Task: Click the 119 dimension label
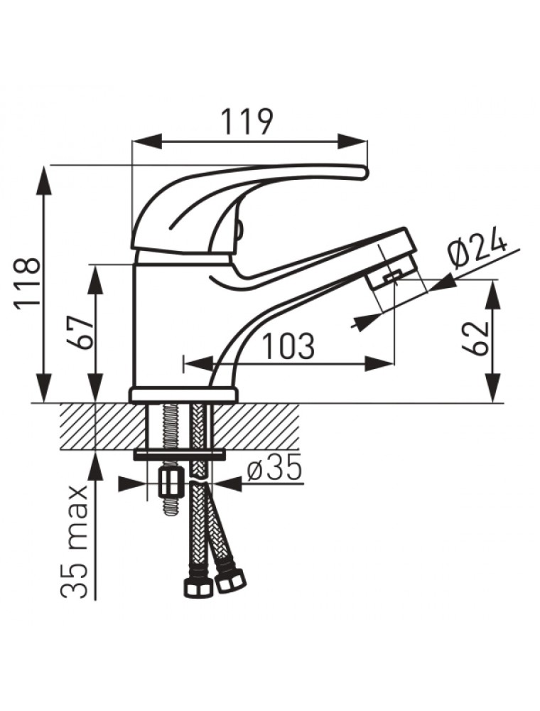pyautogui.click(x=247, y=121)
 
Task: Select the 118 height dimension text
pyautogui.click(x=27, y=284)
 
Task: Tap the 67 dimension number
pyautogui.click(x=80, y=331)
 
